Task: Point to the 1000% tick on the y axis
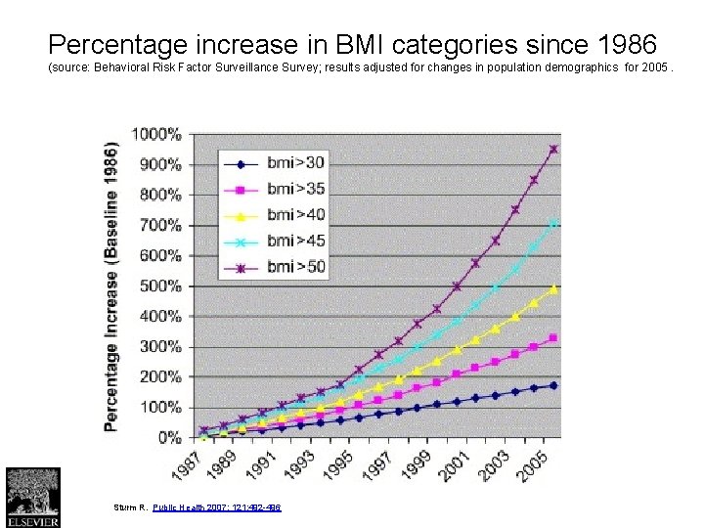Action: (155, 133)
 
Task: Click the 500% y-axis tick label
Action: (159, 286)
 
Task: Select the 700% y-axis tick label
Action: (159, 225)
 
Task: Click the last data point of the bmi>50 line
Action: (553, 150)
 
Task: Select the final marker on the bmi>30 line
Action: (553, 385)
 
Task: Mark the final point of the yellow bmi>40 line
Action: (553, 289)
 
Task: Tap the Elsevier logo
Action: (32, 497)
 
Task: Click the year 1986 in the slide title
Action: (627, 45)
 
